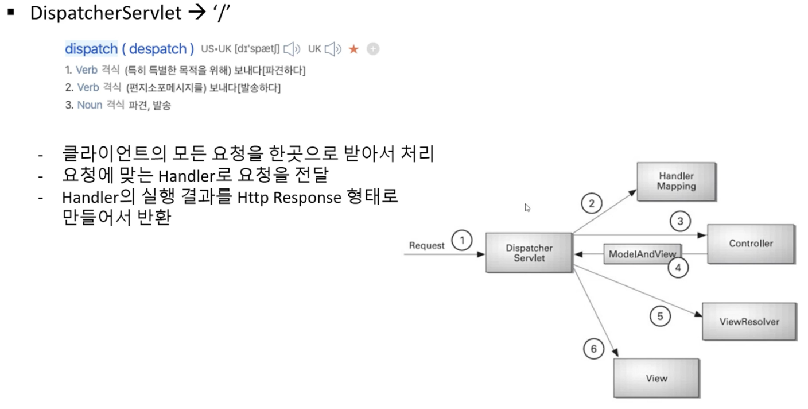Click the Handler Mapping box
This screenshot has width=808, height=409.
[x=676, y=181]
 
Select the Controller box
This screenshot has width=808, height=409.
[x=751, y=244]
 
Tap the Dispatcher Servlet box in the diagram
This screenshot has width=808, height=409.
[x=529, y=253]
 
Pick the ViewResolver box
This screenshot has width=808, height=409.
[x=749, y=322]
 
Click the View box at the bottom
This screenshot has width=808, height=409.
[x=656, y=378]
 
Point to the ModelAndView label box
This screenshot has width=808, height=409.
[x=643, y=254]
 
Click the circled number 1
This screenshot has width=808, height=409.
[x=462, y=241]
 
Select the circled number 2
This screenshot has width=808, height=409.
[x=592, y=202]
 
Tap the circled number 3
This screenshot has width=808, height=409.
[x=680, y=222]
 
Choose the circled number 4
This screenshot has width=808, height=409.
[x=678, y=267]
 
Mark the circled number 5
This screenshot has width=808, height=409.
[x=660, y=316]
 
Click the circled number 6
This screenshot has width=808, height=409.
[x=593, y=349]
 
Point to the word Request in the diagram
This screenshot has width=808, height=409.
[x=426, y=245]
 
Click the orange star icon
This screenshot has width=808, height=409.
[x=353, y=49]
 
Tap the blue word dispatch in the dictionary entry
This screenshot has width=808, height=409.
[x=90, y=49]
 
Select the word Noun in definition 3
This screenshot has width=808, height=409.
[x=90, y=105]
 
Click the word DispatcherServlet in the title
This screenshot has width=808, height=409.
[x=106, y=13]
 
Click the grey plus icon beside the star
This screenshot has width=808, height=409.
[x=373, y=49]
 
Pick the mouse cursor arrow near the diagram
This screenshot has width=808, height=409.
[x=527, y=208]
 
